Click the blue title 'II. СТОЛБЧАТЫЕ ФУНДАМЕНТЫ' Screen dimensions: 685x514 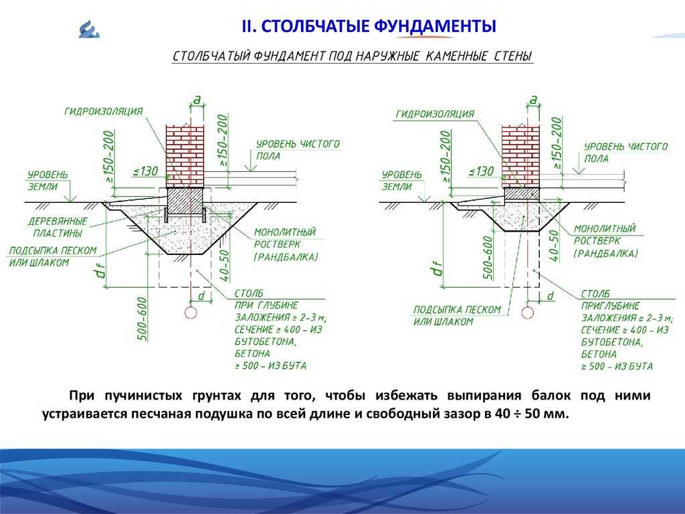pos(369,26)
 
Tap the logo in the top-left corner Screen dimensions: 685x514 pos(90,29)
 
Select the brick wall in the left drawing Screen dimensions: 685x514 pos(185,157)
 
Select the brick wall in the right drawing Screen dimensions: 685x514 pos(520,157)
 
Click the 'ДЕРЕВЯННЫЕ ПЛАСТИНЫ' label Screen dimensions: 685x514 pos(58,227)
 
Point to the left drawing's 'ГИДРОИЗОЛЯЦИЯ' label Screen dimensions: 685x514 pos(104,111)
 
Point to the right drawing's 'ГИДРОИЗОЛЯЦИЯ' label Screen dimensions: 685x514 pos(435,114)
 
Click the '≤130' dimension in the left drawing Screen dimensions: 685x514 pos(145,171)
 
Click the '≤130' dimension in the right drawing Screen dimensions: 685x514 pos(481,171)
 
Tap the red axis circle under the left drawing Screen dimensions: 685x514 pos(191,313)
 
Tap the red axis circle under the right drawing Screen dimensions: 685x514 pos(528,313)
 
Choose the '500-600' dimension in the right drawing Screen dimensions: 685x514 pos(488,258)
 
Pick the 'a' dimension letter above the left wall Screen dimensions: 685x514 pos(197,100)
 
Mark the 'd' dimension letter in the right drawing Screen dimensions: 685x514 pos(551,296)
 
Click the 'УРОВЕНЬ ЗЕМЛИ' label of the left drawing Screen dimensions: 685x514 pos(47,181)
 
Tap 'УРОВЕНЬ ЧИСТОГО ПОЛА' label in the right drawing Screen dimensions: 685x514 pos(625,152)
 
